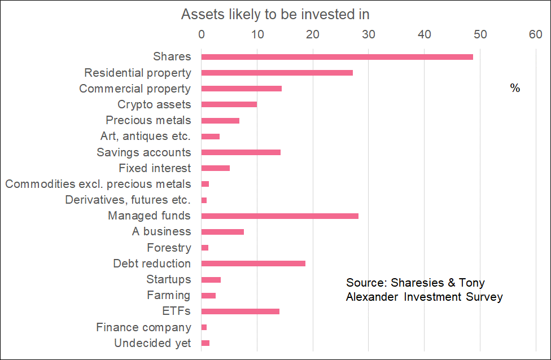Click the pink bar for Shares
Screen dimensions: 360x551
pyautogui.click(x=337, y=57)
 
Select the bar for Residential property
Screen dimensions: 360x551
pyautogui.click(x=277, y=73)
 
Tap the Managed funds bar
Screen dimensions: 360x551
pyautogui.click(x=280, y=216)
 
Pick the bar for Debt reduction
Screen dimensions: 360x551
pyautogui.click(x=253, y=264)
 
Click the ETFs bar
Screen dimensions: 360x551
pyautogui.click(x=240, y=311)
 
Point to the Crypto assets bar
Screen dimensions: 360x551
pyautogui.click(x=229, y=104)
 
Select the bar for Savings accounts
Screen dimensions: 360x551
pyautogui.click(x=241, y=152)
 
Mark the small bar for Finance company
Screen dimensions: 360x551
pyautogui.click(x=204, y=327)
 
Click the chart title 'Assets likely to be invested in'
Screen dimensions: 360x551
pyautogui.click(x=275, y=15)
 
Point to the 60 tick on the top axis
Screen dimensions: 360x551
pyautogui.click(x=535, y=35)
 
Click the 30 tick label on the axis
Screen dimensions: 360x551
pyautogui.click(x=368, y=35)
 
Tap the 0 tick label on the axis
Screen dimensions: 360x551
pyautogui.click(x=202, y=35)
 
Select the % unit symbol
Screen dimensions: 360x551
pyautogui.click(x=515, y=89)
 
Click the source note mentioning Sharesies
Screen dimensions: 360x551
pyautogui.click(x=424, y=289)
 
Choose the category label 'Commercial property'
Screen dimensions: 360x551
pyautogui.click(x=135, y=89)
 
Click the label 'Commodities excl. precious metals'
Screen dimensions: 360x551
pyautogui.click(x=98, y=184)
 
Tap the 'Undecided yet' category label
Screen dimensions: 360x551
pyautogui.click(x=152, y=343)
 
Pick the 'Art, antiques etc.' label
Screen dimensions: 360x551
pyautogui.click(x=145, y=136)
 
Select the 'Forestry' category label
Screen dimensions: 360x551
pyautogui.click(x=169, y=248)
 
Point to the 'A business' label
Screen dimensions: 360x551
pyautogui.click(x=161, y=231)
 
